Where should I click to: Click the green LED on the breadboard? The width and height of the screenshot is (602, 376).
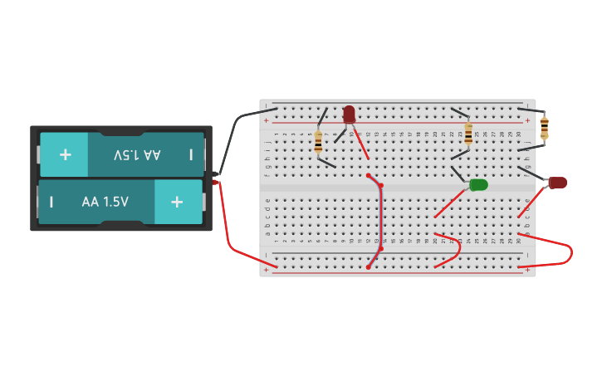[x=478, y=184]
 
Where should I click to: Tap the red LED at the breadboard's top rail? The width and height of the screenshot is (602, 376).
[x=349, y=114]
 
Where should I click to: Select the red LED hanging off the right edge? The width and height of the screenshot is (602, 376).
[x=558, y=183]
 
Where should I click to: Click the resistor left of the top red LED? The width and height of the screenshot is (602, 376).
[x=318, y=142]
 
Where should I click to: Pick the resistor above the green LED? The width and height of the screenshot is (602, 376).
[x=468, y=133]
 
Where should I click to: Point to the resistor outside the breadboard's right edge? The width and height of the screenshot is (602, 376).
[x=544, y=127]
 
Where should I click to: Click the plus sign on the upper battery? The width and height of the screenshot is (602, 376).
[x=65, y=155]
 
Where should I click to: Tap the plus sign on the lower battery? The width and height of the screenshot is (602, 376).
[x=176, y=202]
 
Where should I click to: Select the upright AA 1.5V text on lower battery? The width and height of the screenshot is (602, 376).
[x=105, y=202]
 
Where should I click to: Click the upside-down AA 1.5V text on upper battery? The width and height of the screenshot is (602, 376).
[x=137, y=155]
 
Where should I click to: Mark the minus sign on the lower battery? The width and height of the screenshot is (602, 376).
[x=51, y=202]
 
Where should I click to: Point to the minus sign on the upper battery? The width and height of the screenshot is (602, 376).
[x=191, y=155]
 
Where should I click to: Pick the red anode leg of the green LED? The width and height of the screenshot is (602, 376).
[x=450, y=203]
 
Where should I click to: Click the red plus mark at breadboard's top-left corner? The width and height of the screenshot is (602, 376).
[x=267, y=121]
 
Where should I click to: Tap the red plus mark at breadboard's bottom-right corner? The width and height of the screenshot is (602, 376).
[x=527, y=269]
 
